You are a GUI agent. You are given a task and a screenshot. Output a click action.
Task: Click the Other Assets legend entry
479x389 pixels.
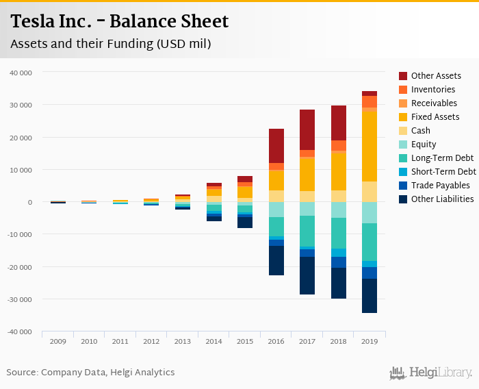click(x=435, y=76)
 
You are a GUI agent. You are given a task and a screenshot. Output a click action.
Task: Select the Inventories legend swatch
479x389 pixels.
click(x=404, y=90)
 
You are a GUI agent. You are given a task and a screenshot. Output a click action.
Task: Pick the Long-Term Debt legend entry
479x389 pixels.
click(x=442, y=158)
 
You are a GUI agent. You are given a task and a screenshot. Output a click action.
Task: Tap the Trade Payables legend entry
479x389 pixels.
click(x=440, y=186)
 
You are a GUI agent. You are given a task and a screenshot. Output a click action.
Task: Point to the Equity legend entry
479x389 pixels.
click(x=424, y=145)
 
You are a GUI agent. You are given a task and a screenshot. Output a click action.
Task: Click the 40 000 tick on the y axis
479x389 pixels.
click(x=21, y=72)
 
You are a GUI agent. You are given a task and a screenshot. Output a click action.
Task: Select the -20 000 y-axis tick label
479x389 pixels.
click(x=19, y=267)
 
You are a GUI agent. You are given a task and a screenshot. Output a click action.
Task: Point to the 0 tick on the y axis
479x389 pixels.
click(x=29, y=202)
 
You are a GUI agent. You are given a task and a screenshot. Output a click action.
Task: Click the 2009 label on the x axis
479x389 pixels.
click(x=57, y=341)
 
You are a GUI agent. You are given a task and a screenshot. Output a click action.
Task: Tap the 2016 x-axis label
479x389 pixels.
click(x=276, y=341)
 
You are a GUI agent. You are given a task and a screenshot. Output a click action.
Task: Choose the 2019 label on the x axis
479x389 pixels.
click(x=370, y=341)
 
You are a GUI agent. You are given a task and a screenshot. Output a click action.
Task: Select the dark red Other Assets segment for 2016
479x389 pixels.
click(x=276, y=146)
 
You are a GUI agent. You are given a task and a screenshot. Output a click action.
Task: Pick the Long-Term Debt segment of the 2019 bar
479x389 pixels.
click(x=370, y=242)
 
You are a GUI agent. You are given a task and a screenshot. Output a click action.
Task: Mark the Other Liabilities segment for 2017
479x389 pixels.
click(x=307, y=276)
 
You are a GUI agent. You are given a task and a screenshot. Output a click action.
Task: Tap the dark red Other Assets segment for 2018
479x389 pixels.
click(x=338, y=123)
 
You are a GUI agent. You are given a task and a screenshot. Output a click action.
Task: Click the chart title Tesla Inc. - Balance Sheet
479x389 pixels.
click(x=120, y=22)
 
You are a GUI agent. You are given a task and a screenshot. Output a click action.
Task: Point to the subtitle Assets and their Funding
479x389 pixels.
click(x=110, y=45)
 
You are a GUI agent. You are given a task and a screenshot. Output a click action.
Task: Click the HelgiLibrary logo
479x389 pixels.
click(x=430, y=373)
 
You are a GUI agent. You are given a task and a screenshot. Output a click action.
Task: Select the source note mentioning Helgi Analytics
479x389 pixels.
click(x=90, y=373)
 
